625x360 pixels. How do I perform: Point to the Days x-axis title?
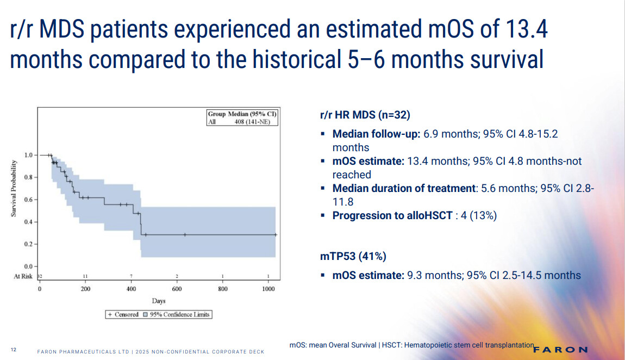(x=159, y=301)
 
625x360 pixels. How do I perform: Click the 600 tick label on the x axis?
(x=177, y=289)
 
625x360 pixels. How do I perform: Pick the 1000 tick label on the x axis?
(x=268, y=289)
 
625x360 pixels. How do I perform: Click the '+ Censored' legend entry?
(x=123, y=314)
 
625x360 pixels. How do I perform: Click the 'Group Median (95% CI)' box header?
(x=242, y=114)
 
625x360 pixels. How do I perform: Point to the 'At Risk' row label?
(x=23, y=276)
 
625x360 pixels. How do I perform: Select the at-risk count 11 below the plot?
(x=85, y=276)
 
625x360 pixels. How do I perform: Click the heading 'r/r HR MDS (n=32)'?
(x=365, y=115)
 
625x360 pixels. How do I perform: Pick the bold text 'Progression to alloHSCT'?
(x=392, y=215)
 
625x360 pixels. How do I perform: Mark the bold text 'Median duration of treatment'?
(x=404, y=188)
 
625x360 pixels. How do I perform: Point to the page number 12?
(x=13, y=350)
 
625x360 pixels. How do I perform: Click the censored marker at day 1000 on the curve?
(x=276, y=235)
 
